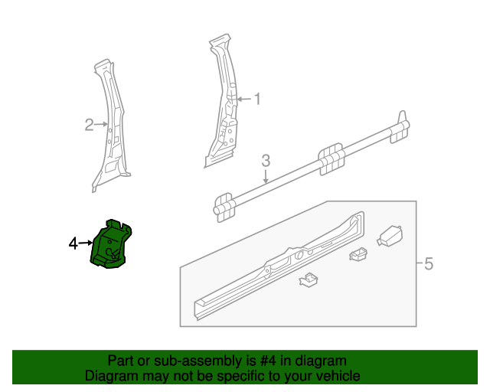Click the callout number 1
[x=257, y=99]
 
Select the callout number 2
[x=89, y=124]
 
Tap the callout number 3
[x=266, y=161]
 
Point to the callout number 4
[x=73, y=243]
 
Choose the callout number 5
[x=428, y=264]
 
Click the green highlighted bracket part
[x=111, y=243]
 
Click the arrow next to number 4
[x=85, y=243]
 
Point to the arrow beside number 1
[x=244, y=99]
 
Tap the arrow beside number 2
[x=100, y=124]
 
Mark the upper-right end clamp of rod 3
[x=400, y=126]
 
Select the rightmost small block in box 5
[x=390, y=236]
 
